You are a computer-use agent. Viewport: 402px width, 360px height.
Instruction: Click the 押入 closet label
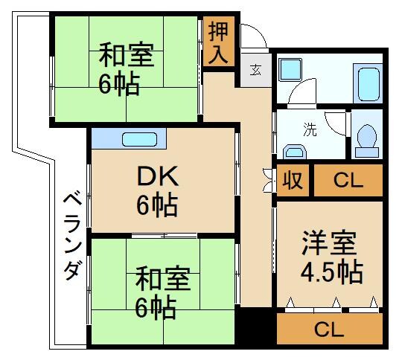(219, 42)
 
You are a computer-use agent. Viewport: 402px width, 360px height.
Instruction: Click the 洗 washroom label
(308, 129)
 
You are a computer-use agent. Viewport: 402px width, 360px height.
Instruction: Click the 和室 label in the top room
(127, 57)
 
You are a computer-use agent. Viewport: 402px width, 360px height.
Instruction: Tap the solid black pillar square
(255, 328)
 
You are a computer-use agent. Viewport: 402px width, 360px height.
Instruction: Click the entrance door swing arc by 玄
(254, 36)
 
